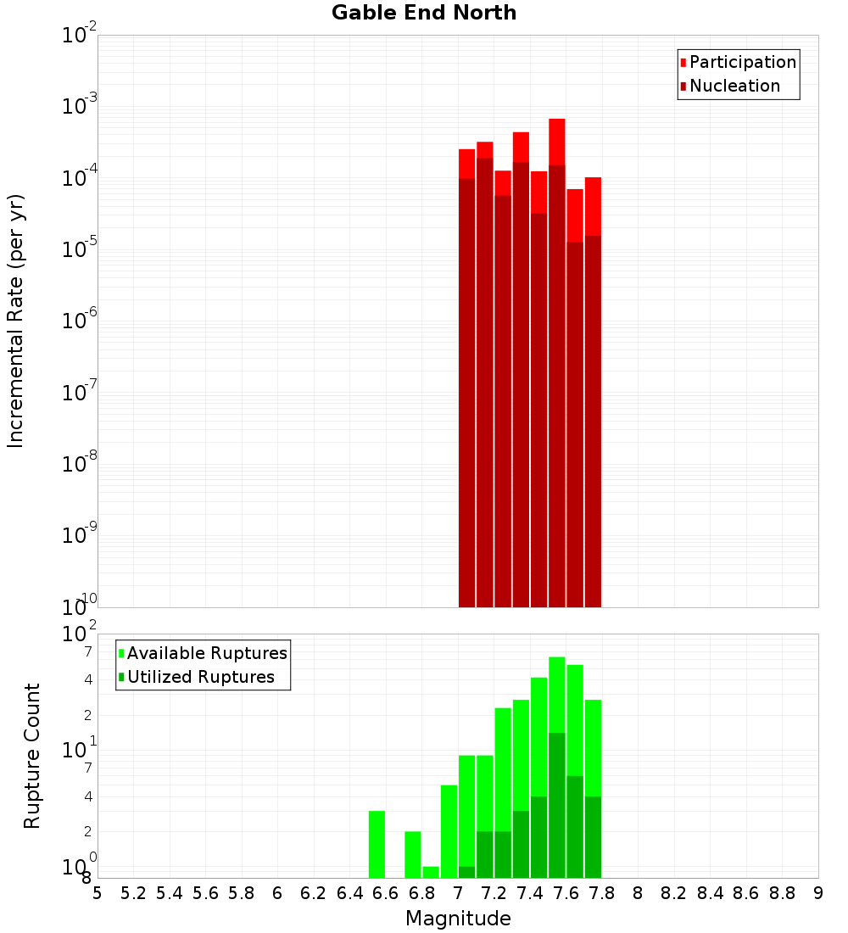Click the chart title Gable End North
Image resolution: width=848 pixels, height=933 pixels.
coord(424,13)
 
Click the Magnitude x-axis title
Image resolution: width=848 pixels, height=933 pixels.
coord(458,919)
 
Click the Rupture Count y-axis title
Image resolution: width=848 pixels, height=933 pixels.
coord(32,756)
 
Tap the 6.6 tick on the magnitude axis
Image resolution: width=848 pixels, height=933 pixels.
coord(385,893)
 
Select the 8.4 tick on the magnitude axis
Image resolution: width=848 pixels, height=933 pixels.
coord(710,893)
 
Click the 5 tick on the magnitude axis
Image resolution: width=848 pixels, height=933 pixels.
coord(98,893)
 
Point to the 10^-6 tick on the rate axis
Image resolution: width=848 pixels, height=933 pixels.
coord(81,320)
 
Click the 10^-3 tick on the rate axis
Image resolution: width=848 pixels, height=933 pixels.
coord(81,106)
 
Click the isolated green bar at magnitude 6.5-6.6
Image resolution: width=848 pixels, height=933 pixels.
coord(377,844)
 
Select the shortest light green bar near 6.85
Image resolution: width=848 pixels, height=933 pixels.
coord(431,872)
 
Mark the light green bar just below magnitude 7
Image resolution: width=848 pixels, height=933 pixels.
coord(449,831)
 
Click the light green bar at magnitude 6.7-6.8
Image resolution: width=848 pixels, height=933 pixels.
coord(413,854)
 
